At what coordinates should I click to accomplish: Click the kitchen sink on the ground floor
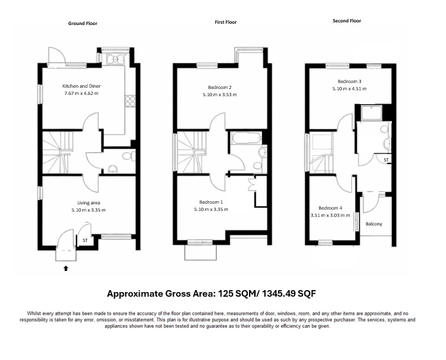click(116, 59)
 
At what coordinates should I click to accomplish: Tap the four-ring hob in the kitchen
click(130, 101)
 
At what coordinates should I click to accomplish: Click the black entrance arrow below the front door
click(65, 268)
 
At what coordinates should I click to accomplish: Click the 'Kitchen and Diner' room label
click(81, 86)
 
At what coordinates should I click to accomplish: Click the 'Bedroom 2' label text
click(219, 88)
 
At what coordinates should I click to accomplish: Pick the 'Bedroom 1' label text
click(211, 202)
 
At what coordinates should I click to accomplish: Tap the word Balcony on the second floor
click(374, 224)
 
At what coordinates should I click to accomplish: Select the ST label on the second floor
click(386, 160)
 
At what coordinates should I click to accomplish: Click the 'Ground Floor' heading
click(82, 23)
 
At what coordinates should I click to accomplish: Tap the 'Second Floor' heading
click(347, 21)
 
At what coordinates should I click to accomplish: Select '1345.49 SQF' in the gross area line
click(292, 293)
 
